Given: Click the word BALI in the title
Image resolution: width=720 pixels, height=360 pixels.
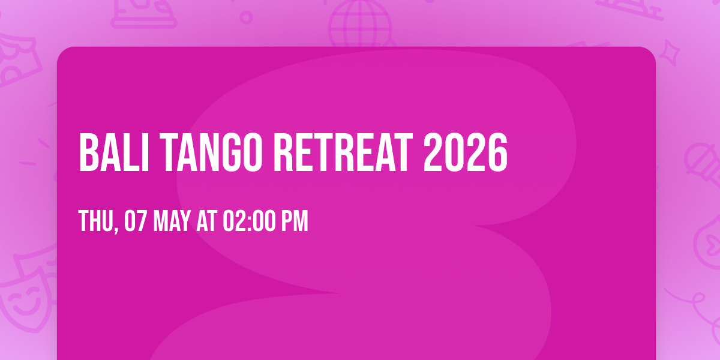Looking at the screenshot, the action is click(x=114, y=152).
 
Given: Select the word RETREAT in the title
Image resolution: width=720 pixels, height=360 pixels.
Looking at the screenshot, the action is click(x=343, y=152).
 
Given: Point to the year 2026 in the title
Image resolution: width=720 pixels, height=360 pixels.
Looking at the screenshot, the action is click(x=466, y=152).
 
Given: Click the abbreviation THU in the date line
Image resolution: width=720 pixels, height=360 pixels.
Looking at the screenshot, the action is click(x=96, y=221).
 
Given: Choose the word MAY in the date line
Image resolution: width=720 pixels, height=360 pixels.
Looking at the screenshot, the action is click(x=172, y=221).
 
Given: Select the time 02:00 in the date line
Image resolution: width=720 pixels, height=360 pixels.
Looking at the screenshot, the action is click(x=249, y=221).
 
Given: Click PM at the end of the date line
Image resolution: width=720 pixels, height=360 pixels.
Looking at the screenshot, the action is click(x=295, y=221).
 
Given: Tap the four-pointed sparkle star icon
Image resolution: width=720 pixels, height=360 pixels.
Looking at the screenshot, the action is click(x=669, y=53).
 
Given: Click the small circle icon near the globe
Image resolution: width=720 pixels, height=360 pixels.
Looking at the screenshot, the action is click(x=246, y=17).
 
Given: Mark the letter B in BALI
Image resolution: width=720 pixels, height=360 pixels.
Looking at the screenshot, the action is click(x=89, y=152).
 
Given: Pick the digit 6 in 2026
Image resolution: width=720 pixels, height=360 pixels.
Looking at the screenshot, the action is click(x=497, y=152).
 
